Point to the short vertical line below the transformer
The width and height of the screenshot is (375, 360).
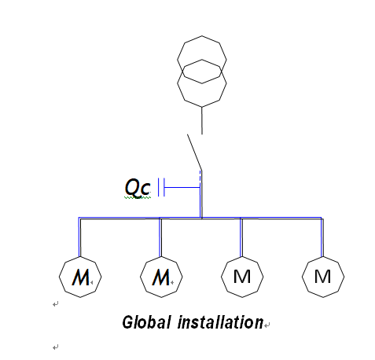coord(202,120)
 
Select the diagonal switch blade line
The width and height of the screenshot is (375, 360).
coord(194,151)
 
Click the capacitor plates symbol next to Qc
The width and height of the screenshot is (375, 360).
coord(161,187)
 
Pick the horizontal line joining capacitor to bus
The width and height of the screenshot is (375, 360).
coord(181,187)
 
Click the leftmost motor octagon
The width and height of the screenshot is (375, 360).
coord(80,277)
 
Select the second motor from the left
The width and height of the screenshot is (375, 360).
coord(160,277)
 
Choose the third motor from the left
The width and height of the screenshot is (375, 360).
coord(241,277)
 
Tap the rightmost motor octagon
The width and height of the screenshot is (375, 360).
coord(322,277)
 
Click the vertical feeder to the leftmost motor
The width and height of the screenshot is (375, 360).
coord(80,236)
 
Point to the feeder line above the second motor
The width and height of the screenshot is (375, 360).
coord(160,236)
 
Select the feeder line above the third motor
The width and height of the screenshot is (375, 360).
coord(241,236)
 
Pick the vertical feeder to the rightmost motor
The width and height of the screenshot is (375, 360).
coord(322,236)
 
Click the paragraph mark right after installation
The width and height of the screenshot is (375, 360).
coord(267,324)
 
